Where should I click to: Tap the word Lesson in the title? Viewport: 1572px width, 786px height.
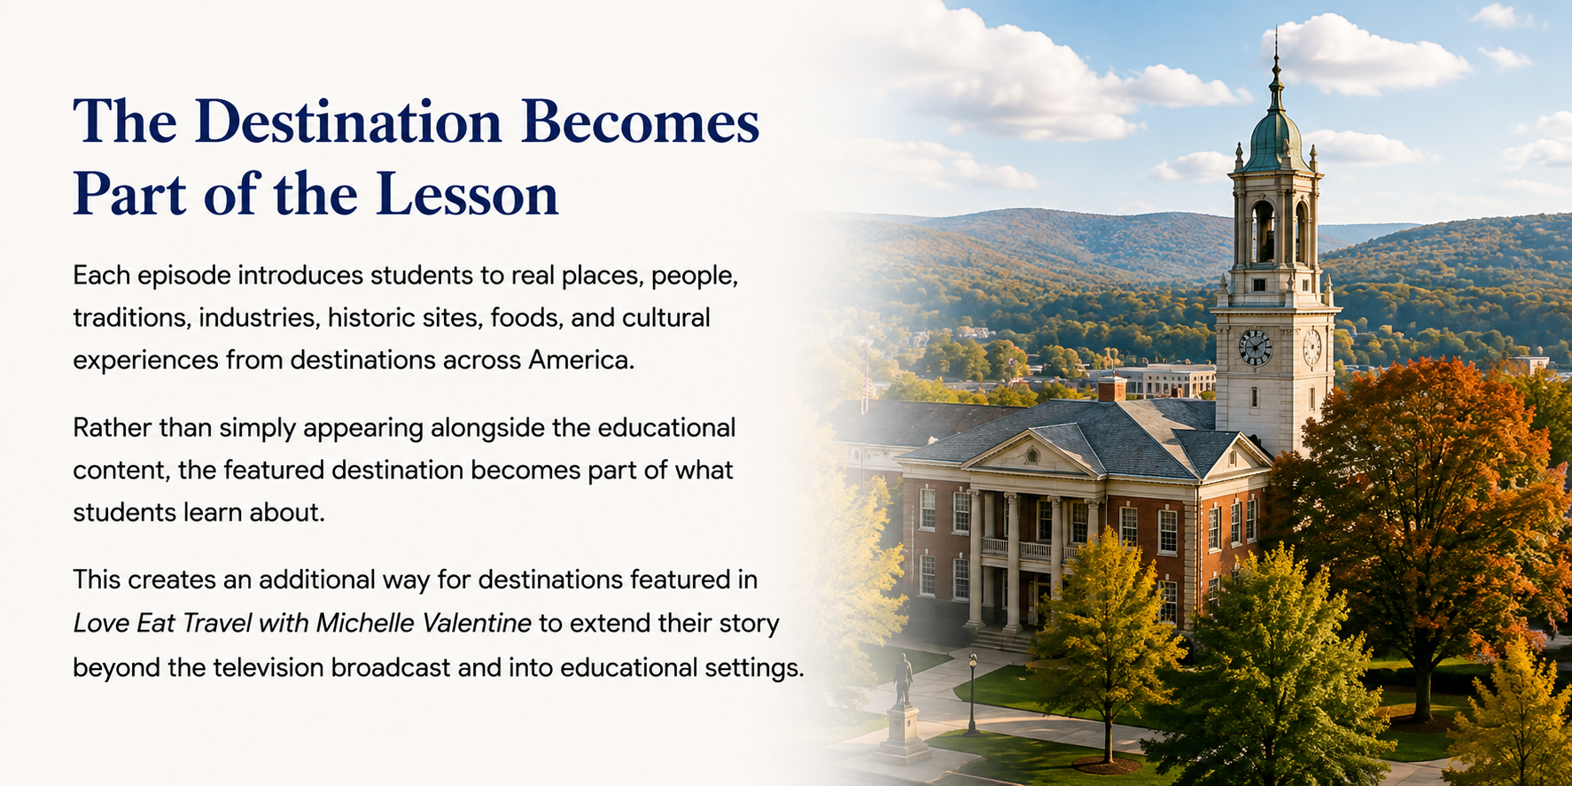coord(468,194)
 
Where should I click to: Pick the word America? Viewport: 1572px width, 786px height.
coord(582,360)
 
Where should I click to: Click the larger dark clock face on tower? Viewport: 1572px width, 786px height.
coord(1255,347)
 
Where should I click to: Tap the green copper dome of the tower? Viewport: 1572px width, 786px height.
coord(1276,143)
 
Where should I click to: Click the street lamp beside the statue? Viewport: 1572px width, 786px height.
coord(972,695)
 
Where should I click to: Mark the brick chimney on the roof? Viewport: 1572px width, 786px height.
coord(1111,388)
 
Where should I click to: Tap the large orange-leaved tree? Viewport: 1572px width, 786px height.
coord(1418,496)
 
